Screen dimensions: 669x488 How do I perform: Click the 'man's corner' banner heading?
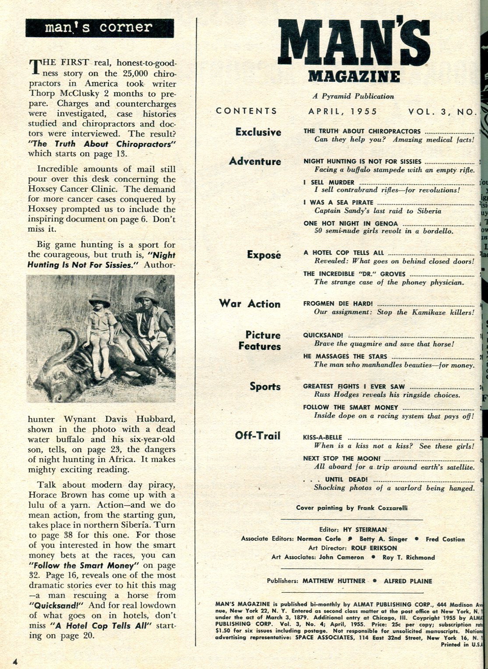click(x=99, y=28)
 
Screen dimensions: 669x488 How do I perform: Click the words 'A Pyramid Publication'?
click(x=353, y=96)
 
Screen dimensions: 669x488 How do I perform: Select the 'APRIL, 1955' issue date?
click(x=343, y=111)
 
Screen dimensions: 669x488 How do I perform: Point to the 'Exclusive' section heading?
click(x=258, y=132)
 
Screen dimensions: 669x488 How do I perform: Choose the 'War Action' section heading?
click(x=250, y=304)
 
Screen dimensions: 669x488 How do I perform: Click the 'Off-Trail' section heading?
click(x=258, y=436)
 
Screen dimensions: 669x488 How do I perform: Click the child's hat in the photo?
click(x=99, y=300)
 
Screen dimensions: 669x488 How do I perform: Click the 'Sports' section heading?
click(x=265, y=387)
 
